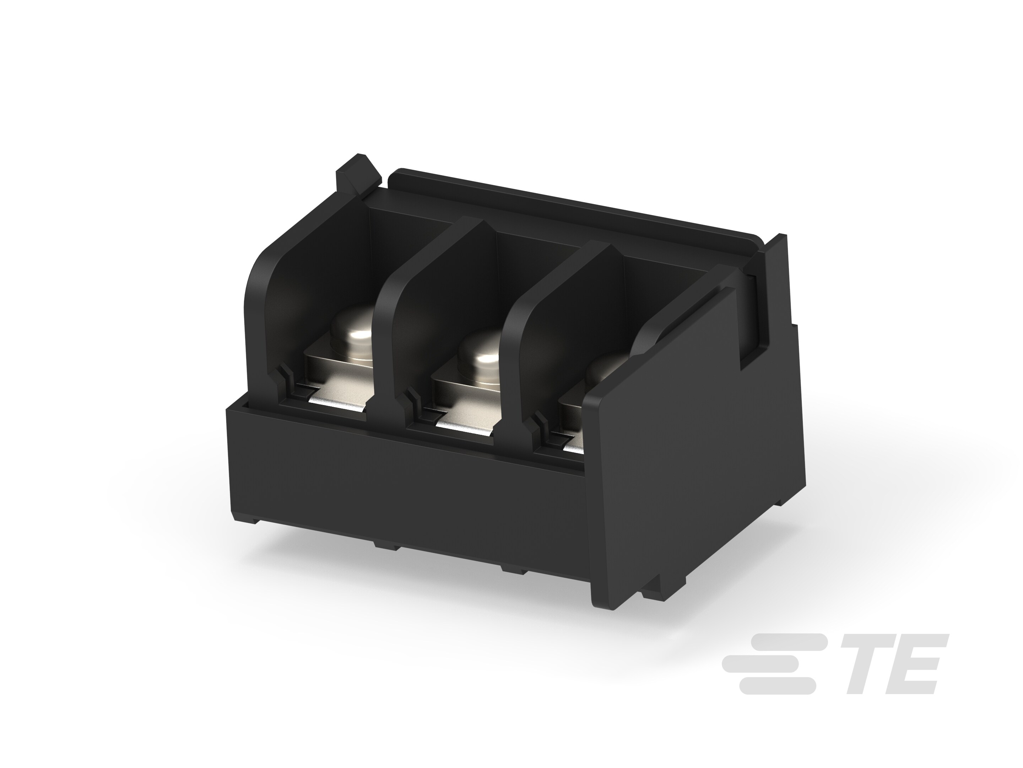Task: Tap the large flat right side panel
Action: coord(694,463)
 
